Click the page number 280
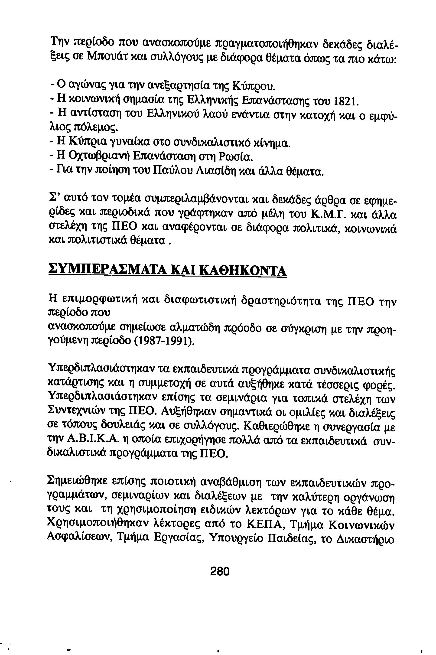(x=220, y=572)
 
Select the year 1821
(x=345, y=102)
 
